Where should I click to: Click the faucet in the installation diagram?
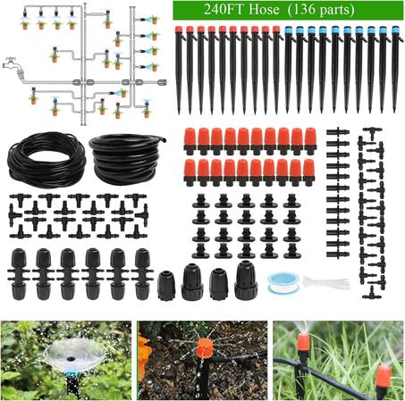[x=12, y=66]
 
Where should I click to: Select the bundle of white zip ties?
[x=324, y=282]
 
